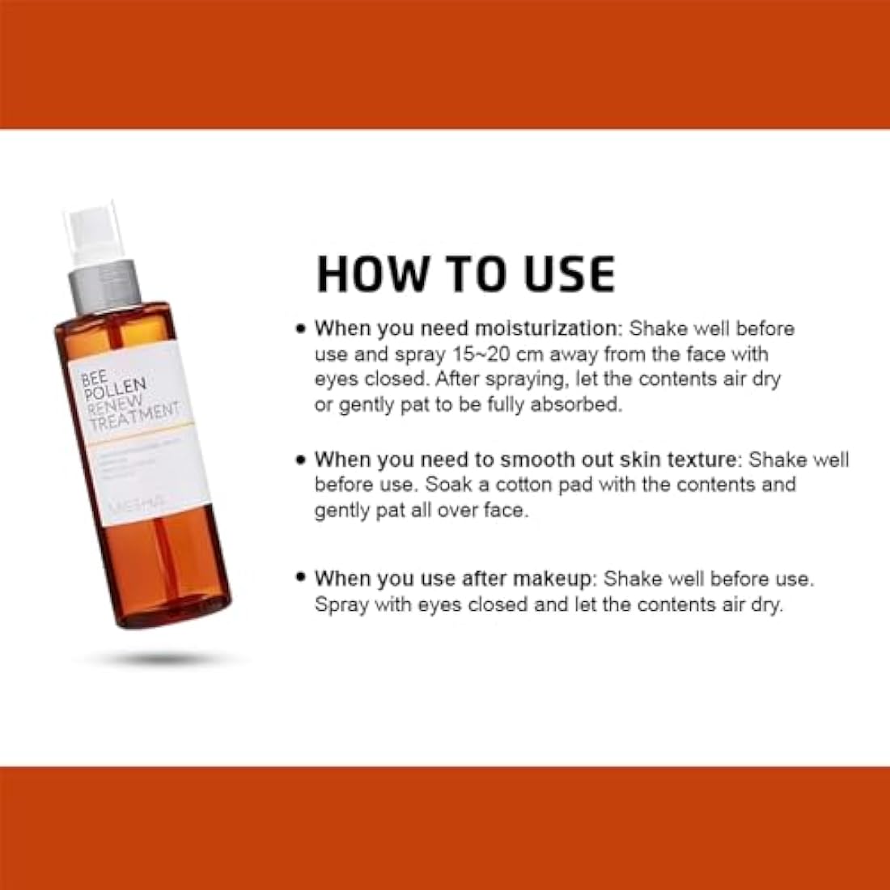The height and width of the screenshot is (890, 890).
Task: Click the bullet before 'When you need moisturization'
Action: click(301, 328)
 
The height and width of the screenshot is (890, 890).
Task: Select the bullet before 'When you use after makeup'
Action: click(301, 578)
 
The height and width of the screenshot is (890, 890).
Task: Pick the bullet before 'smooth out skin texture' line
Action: click(301, 460)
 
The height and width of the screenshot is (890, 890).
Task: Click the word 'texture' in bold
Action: click(696, 460)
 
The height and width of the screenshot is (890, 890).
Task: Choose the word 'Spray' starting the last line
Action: click(341, 604)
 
